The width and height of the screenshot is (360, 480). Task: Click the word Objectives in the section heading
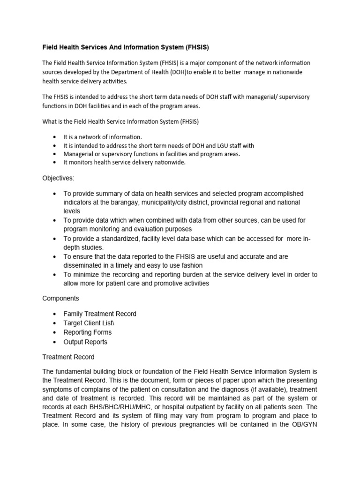point(58,179)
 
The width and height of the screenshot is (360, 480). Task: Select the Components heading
point(60,298)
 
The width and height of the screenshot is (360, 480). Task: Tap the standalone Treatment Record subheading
point(68,357)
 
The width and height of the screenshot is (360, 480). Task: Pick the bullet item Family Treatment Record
point(100,314)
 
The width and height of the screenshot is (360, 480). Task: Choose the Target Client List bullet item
point(89,323)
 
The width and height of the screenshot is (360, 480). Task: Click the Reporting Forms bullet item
point(88,332)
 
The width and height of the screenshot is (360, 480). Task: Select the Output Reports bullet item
point(85,342)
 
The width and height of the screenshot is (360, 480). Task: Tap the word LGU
point(221,145)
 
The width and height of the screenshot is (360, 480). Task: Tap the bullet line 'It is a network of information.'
point(103,137)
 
